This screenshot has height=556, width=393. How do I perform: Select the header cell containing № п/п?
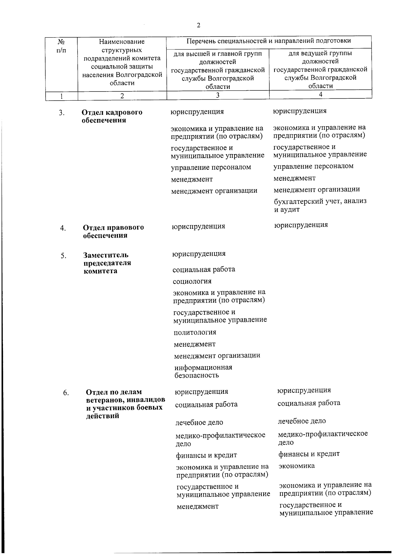click(61, 46)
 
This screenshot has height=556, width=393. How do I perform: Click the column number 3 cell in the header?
click(217, 95)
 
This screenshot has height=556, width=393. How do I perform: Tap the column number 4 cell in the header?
click(320, 94)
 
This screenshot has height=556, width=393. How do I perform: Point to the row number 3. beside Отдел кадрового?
click(62, 113)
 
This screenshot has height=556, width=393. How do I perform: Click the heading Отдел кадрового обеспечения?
click(112, 116)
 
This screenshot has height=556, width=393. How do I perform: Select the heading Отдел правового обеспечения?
click(113, 231)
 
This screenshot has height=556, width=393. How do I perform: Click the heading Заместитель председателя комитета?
click(107, 263)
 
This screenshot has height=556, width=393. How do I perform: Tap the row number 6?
click(66, 393)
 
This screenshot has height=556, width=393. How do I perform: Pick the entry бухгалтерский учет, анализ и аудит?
click(320, 205)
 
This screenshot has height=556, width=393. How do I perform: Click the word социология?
click(192, 281)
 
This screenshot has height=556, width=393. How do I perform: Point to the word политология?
click(195, 332)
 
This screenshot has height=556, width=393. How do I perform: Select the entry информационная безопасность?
click(203, 371)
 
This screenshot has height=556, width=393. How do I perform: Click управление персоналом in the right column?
click(313, 166)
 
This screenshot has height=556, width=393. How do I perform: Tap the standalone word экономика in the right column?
click(296, 466)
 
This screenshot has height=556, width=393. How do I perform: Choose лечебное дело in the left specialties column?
click(199, 423)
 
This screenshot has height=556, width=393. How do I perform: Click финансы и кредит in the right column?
click(309, 454)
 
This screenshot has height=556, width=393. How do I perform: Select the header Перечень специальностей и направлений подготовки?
click(269, 41)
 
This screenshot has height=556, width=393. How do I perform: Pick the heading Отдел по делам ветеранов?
click(125, 404)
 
